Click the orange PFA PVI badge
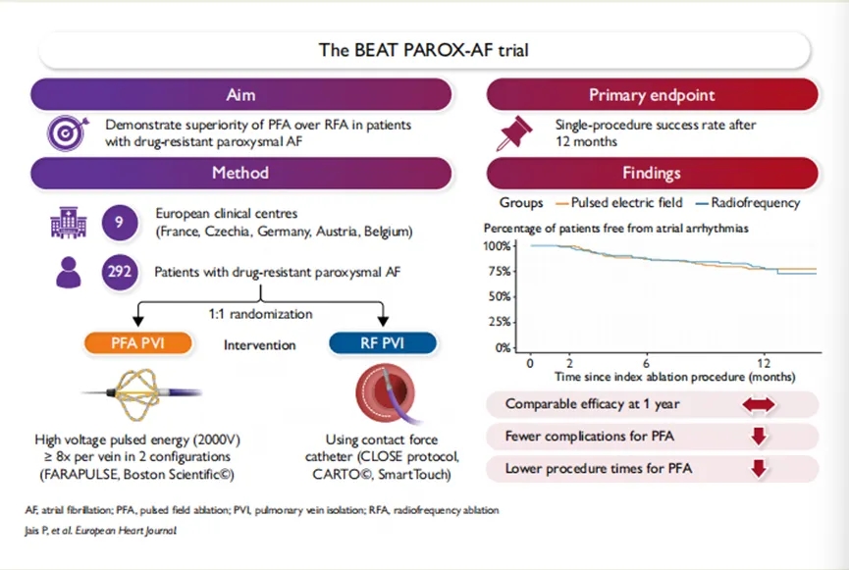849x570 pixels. click(138, 343)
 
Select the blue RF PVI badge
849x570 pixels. click(383, 343)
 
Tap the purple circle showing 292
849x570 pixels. click(119, 272)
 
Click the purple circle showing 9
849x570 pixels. click(119, 222)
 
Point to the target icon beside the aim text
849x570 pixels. click(67, 132)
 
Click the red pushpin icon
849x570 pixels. click(514, 132)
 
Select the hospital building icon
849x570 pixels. click(69, 223)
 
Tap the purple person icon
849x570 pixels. click(69, 273)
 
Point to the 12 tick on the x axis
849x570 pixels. click(764, 363)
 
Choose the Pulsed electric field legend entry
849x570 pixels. click(619, 203)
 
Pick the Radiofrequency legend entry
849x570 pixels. click(748, 203)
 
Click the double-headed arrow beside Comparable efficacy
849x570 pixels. click(759, 405)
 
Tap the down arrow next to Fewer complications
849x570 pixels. click(759, 437)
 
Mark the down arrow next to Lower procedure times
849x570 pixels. click(759, 469)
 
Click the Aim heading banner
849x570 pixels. click(240, 95)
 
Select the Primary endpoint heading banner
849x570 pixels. click(652, 95)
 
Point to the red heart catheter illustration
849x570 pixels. click(386, 393)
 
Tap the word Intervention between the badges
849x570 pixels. click(260, 345)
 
